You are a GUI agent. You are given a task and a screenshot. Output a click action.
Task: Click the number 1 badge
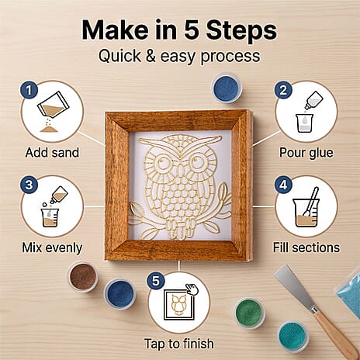click(x=29, y=90)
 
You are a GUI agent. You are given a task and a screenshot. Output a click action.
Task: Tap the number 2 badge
click(x=283, y=90)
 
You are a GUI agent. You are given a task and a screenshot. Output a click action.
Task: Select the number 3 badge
click(x=29, y=185)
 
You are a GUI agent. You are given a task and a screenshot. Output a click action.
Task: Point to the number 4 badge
click(x=283, y=185)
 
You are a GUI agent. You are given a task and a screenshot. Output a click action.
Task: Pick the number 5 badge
click(x=156, y=281)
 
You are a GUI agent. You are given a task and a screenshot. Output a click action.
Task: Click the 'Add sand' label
click(x=52, y=153)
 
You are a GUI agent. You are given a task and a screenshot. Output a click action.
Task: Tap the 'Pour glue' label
click(x=306, y=153)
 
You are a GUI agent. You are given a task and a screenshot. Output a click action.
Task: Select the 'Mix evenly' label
click(x=52, y=247)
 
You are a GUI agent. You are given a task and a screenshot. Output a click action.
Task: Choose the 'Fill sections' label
click(x=306, y=247)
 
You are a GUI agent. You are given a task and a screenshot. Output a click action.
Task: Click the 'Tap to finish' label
click(x=179, y=344)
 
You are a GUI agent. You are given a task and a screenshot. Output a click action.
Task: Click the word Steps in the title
click(x=241, y=30)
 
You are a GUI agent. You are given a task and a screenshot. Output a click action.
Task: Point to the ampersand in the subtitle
click(x=151, y=56)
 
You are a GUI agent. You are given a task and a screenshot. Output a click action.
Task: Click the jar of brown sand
click(x=83, y=276)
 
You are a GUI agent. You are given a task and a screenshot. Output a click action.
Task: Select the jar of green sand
click(x=250, y=313)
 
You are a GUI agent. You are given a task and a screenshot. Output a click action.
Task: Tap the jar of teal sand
click(x=293, y=337)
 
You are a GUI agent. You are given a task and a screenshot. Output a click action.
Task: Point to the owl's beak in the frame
click(x=180, y=171)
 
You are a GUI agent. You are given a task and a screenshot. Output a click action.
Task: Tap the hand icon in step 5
click(x=192, y=289)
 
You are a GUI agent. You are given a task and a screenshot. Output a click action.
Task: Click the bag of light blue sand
click(x=349, y=294)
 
